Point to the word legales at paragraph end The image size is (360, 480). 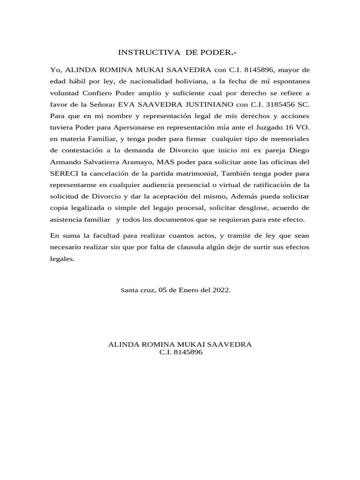tap(62, 258)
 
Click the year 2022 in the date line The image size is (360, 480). tap(220, 290)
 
